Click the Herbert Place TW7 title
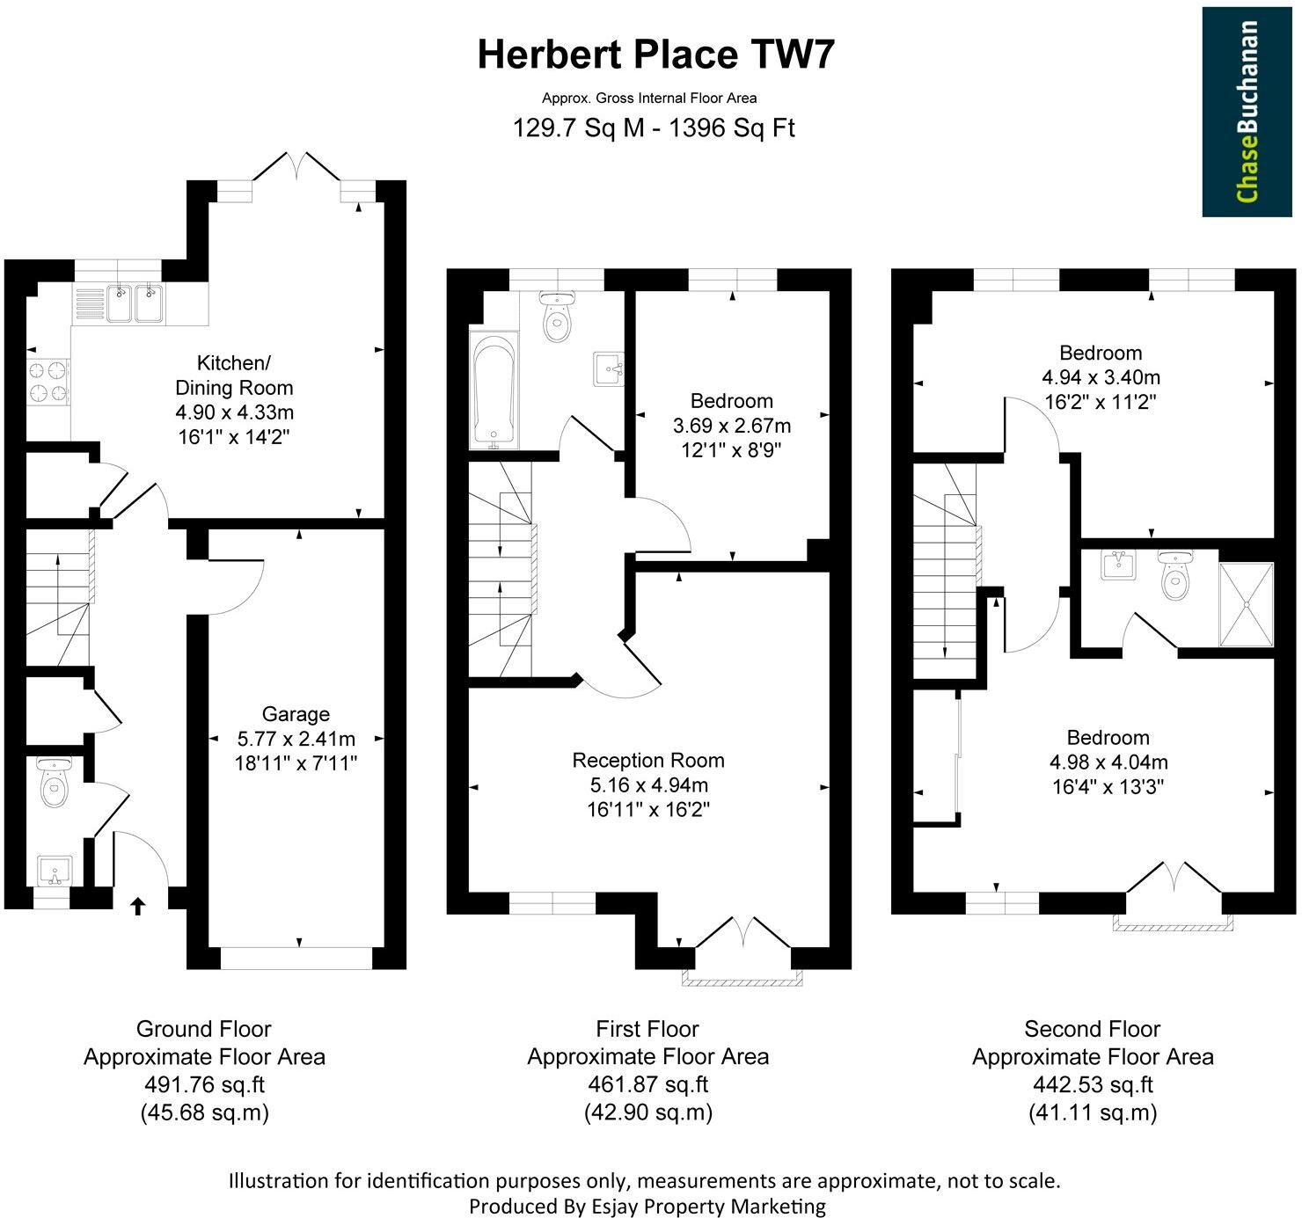(x=655, y=55)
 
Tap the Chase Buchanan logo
(x=1247, y=112)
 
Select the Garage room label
(x=296, y=714)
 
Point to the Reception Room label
(x=648, y=761)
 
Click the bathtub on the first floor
(x=494, y=391)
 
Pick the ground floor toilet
(x=55, y=784)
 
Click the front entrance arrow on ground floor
(x=137, y=906)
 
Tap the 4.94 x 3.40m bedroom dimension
(x=1101, y=378)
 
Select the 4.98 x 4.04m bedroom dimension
(x=1108, y=762)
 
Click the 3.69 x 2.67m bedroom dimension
(x=731, y=427)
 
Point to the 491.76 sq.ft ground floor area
(x=204, y=1084)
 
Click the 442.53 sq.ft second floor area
(x=1093, y=1084)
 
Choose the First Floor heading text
(x=647, y=1029)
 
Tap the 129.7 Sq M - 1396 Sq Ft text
(x=654, y=128)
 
